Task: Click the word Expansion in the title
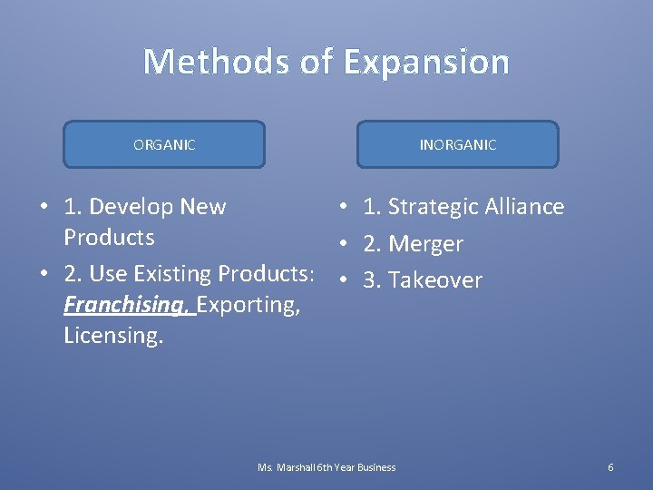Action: (x=426, y=62)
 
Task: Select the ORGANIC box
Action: (x=164, y=144)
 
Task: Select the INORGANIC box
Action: (x=458, y=144)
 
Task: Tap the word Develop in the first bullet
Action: (x=134, y=207)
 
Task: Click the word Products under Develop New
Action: (x=109, y=238)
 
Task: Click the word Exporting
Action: (x=248, y=304)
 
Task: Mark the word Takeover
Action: (x=435, y=280)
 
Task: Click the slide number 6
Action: (x=610, y=467)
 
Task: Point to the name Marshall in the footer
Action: (x=297, y=467)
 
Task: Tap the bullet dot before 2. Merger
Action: (x=345, y=244)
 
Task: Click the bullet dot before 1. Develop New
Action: (x=44, y=208)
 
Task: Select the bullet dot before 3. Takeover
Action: (x=345, y=280)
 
